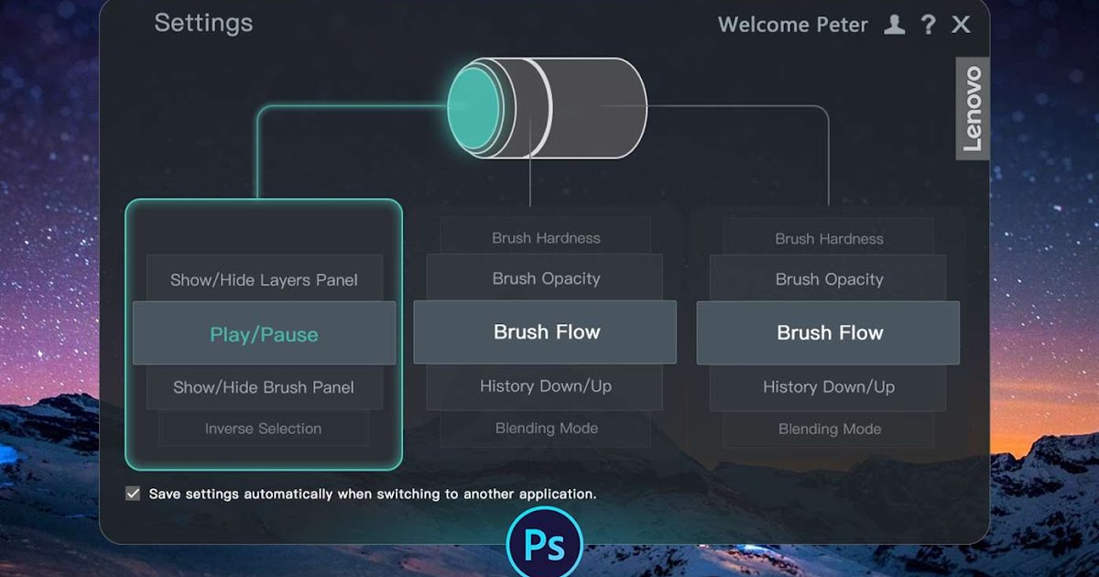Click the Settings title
pyautogui.click(x=203, y=23)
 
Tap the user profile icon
pyautogui.click(x=895, y=25)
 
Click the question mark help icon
pyautogui.click(x=929, y=25)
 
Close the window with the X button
pyautogui.click(x=961, y=25)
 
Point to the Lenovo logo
pyautogui.click(x=973, y=108)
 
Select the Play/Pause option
pyautogui.click(x=264, y=334)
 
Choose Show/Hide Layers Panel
pyautogui.click(x=264, y=280)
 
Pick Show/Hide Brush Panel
pyautogui.click(x=264, y=386)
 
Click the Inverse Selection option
pyautogui.click(x=264, y=429)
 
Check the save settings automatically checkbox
pyautogui.click(x=134, y=494)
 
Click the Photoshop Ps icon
pyautogui.click(x=544, y=546)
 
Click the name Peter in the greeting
pyautogui.click(x=841, y=25)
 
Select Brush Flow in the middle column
pyautogui.click(x=547, y=332)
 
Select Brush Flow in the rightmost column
pyautogui.click(x=830, y=333)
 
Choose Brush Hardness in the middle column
pyautogui.click(x=546, y=238)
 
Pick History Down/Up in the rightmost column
pyautogui.click(x=829, y=386)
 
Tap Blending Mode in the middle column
pyautogui.click(x=547, y=429)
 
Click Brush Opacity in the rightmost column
pyautogui.click(x=830, y=279)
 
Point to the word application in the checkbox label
pyautogui.click(x=557, y=494)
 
